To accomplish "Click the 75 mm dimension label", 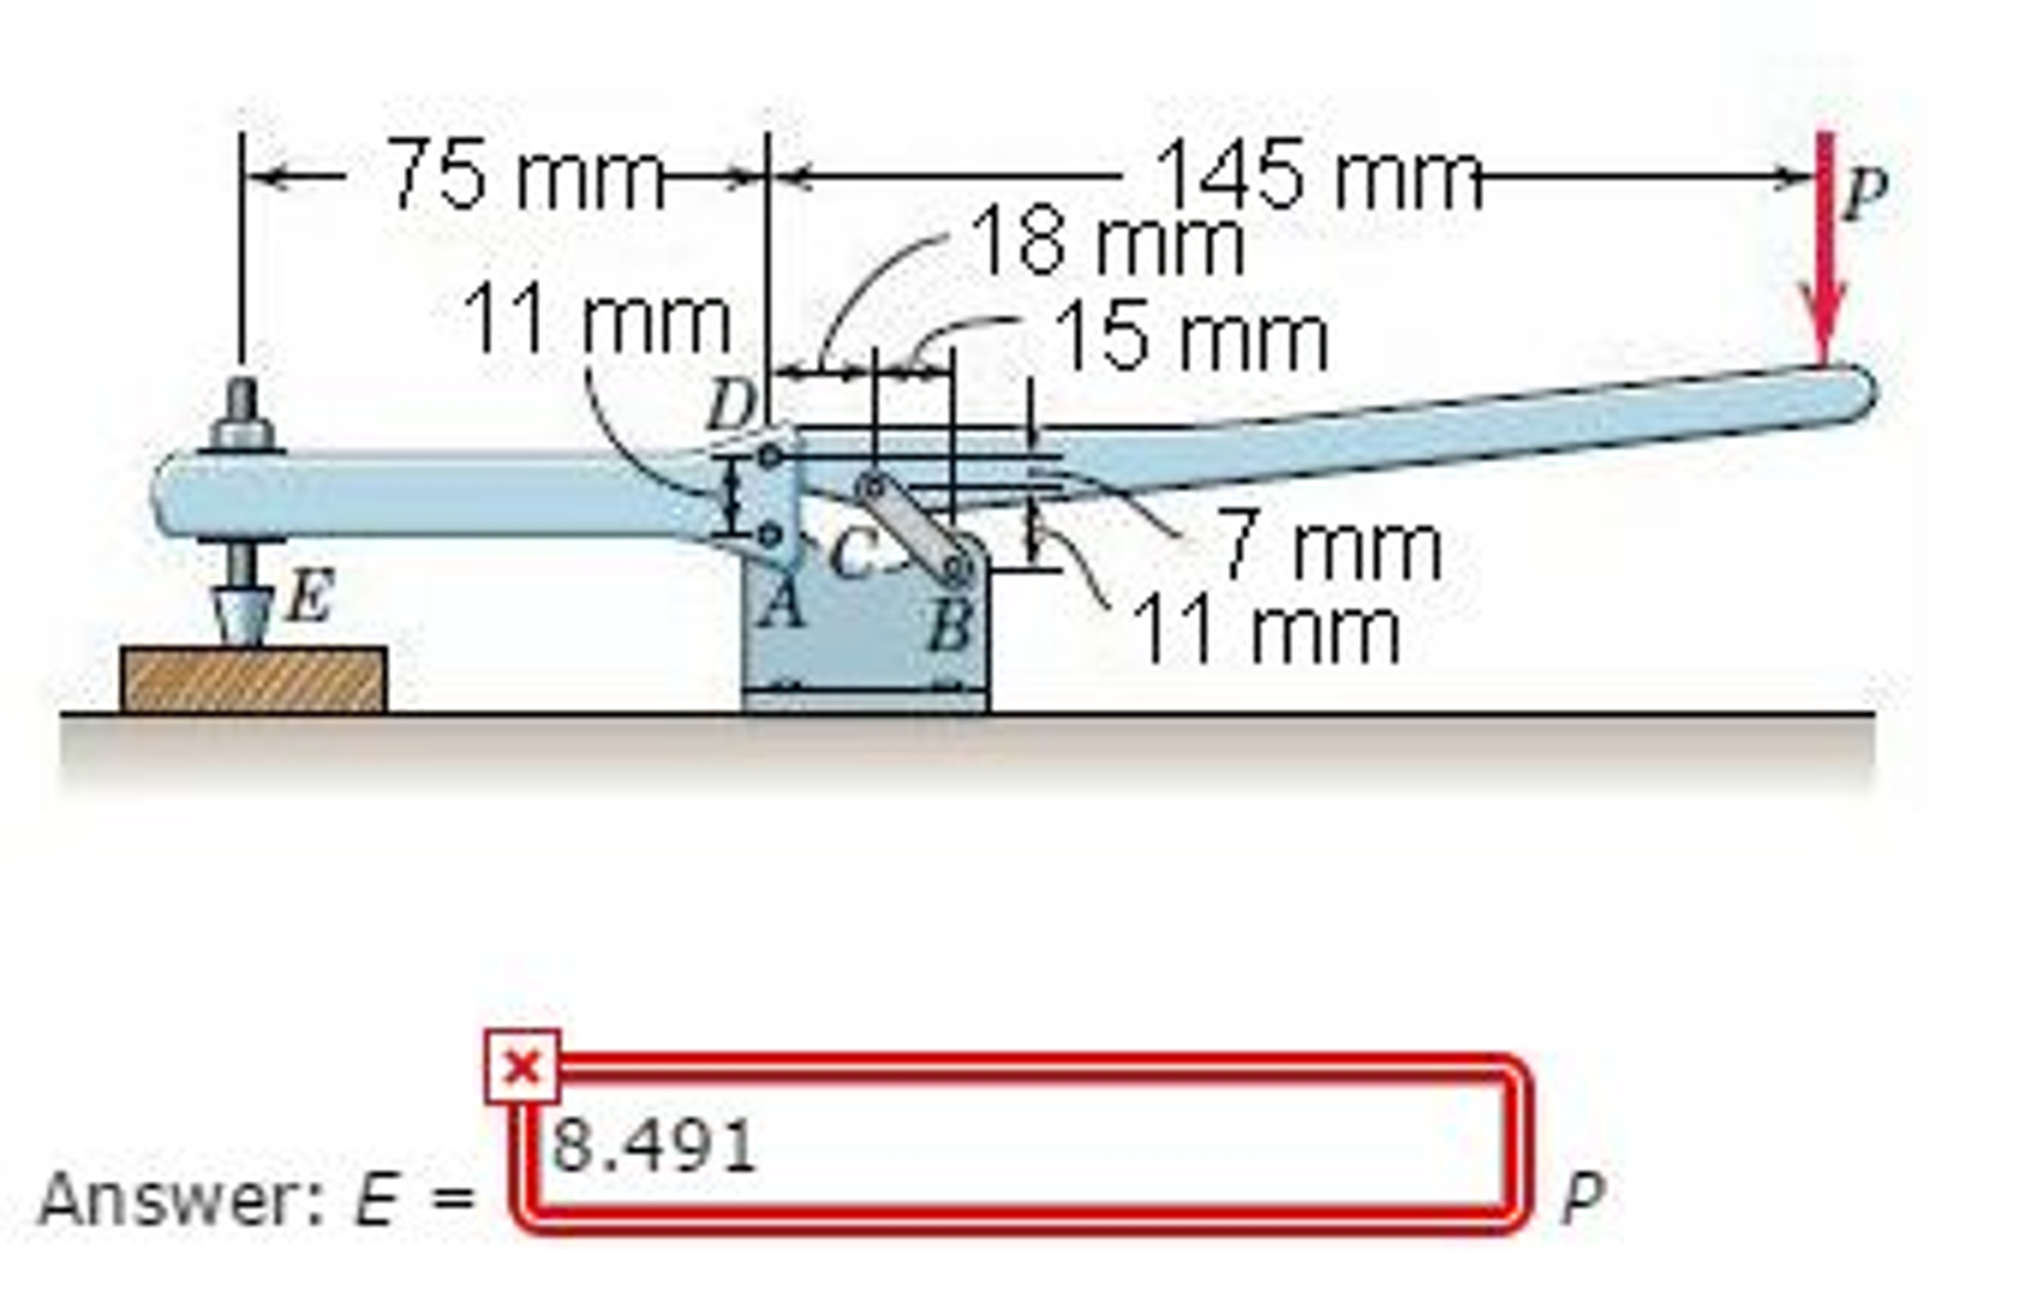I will click(526, 176).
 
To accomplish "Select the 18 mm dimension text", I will click(1108, 242).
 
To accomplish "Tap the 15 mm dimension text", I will click(1190, 338).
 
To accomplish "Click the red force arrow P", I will click(1825, 248).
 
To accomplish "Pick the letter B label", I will click(950, 627).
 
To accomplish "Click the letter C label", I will click(852, 552).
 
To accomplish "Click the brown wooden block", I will click(254, 679).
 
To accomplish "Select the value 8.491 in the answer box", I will click(653, 1145).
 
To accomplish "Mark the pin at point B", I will click(958, 568).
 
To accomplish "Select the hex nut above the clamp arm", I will click(241, 433).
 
